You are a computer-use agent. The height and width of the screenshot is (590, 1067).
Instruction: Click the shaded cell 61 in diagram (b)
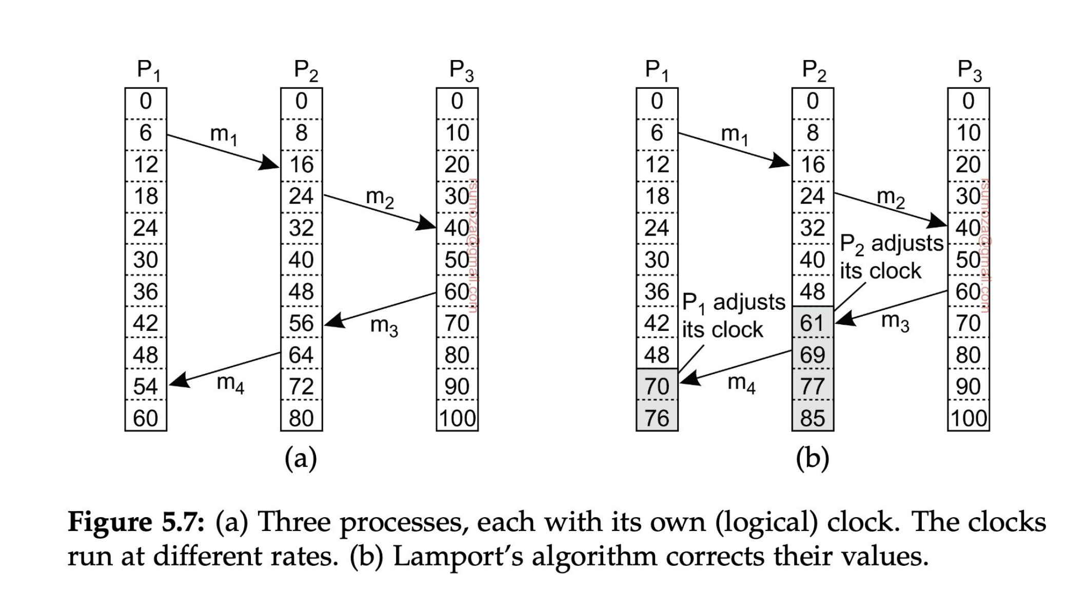pyautogui.click(x=813, y=323)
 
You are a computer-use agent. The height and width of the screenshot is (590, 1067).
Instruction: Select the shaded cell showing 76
pyautogui.click(x=657, y=418)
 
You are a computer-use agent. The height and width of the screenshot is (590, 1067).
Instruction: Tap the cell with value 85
pyautogui.click(x=813, y=418)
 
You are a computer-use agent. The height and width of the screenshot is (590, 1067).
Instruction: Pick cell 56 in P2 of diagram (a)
pyautogui.click(x=301, y=323)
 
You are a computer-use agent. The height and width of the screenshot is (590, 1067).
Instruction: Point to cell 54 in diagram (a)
pyautogui.click(x=146, y=386)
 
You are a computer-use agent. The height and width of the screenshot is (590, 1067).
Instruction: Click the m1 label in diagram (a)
pyautogui.click(x=224, y=134)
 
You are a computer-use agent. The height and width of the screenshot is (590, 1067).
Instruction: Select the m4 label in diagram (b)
pyautogui.click(x=741, y=383)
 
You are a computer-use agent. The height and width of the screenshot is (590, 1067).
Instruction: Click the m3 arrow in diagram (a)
pyautogui.click(x=380, y=308)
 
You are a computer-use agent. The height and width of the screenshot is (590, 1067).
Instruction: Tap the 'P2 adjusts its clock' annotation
pyautogui.click(x=891, y=257)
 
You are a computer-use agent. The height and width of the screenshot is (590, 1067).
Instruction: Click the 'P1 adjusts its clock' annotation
pyautogui.click(x=733, y=316)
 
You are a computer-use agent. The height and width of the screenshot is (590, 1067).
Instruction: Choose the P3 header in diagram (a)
pyautogui.click(x=461, y=71)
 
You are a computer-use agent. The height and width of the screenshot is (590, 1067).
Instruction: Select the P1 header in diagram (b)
pyautogui.click(x=657, y=71)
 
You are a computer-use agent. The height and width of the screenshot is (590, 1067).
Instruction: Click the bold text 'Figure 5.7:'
pyautogui.click(x=136, y=523)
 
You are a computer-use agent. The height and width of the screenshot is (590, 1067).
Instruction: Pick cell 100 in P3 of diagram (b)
pyautogui.click(x=968, y=418)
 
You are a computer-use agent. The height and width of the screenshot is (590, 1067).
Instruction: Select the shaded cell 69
pyautogui.click(x=813, y=355)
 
